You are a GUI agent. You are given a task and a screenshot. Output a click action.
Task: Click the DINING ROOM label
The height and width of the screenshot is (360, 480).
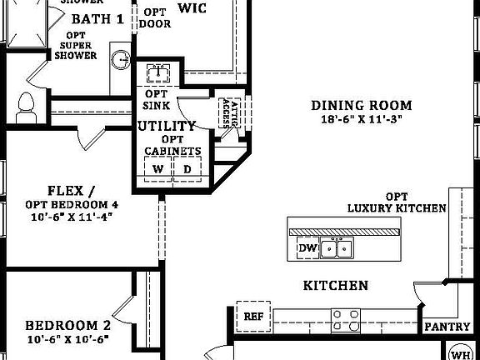coord(362,105)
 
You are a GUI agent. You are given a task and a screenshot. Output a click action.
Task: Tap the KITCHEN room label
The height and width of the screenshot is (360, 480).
coord(335,286)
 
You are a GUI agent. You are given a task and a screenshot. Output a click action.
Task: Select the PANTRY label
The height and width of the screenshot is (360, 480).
coord(447,327)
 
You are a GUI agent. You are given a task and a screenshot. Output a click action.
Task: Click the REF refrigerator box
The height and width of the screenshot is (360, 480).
coord(253,316)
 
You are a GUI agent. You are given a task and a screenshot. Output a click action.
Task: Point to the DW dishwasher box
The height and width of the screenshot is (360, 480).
coord(307,247)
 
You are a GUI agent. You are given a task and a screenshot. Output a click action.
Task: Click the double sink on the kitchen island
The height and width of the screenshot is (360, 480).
coord(337,247)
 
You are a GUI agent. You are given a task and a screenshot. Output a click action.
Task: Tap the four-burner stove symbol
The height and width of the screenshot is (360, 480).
coord(346,319)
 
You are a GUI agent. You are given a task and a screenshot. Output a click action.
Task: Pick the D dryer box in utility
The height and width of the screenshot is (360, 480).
coord(186,169)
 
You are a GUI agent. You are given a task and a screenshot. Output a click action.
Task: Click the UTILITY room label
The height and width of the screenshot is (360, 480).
coord(167,126)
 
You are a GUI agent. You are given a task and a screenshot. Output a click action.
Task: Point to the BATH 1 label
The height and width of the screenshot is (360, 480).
coord(97,18)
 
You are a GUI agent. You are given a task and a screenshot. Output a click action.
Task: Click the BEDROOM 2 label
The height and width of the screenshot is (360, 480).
coord(67,326)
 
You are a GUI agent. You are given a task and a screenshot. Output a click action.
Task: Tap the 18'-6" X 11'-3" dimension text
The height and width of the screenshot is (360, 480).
coord(362,119)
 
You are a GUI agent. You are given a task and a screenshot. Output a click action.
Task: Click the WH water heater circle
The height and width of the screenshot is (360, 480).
coord(461,350)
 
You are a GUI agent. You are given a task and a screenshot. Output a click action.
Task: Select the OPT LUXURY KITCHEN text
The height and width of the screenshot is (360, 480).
coord(396,202)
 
